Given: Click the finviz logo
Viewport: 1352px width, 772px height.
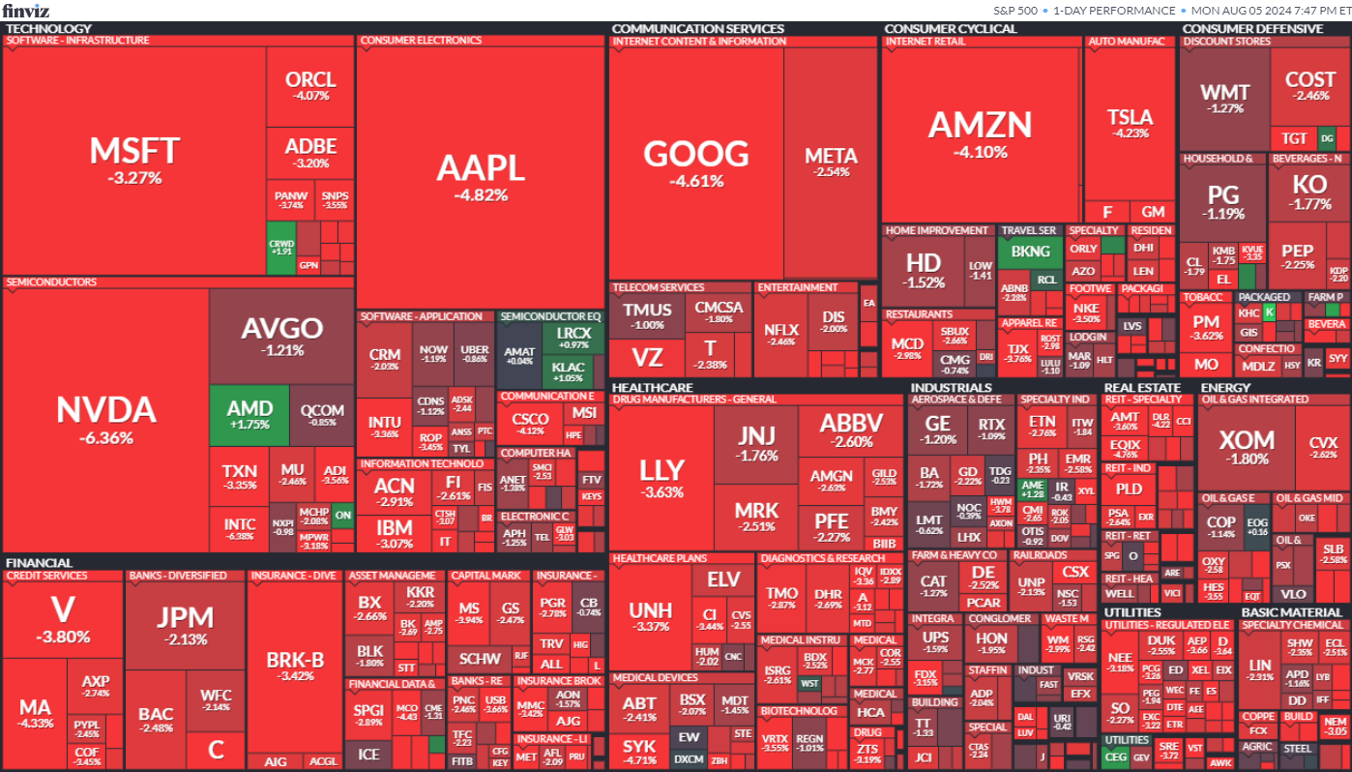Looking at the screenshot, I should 26,11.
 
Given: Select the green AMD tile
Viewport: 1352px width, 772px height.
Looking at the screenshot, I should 237,414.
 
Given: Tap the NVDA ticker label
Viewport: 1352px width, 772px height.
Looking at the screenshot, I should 106,410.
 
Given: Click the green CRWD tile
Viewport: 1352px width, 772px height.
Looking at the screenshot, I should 280,248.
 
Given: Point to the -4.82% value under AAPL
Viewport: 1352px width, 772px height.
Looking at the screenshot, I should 481,194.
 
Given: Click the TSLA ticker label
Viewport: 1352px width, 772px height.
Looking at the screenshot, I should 1130,118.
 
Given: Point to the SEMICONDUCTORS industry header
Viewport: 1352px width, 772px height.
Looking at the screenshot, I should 51,282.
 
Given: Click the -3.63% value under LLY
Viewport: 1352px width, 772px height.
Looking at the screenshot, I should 661,492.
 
